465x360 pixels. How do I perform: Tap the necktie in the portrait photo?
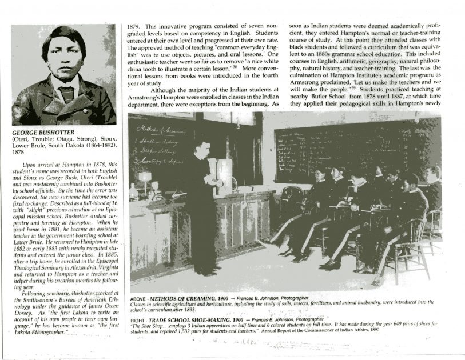(67, 92)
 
